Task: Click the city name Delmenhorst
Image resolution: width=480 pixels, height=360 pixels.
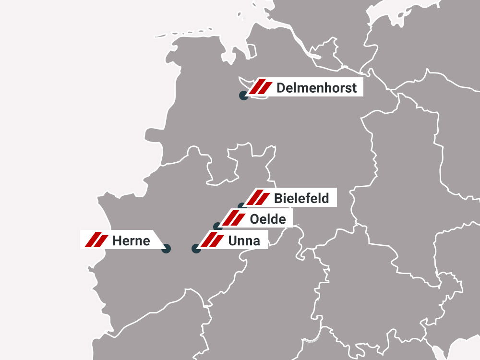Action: click(317, 88)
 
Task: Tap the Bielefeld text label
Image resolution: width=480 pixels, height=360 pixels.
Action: click(301, 198)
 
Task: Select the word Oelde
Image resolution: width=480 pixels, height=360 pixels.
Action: click(268, 219)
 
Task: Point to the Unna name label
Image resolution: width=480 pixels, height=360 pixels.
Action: click(244, 240)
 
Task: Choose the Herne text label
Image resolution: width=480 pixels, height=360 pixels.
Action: click(131, 240)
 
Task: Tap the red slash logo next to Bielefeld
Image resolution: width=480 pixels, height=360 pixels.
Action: click(258, 198)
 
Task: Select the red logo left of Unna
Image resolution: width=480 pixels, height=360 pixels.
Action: click(212, 240)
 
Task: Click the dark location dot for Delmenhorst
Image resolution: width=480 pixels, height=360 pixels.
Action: click(244, 96)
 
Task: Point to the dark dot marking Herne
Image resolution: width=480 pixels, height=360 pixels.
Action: click(166, 249)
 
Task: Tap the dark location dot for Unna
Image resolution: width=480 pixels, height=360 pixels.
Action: click(196, 249)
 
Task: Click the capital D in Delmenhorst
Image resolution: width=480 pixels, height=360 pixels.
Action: click(281, 88)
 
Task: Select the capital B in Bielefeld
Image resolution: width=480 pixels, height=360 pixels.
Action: click(278, 198)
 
